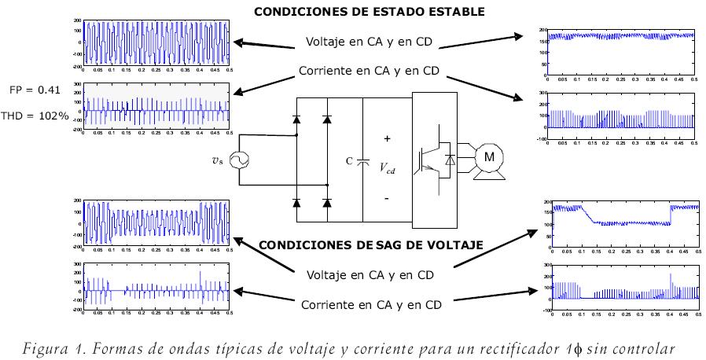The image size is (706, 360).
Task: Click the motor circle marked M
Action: (x=489, y=158)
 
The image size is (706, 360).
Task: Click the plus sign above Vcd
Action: (x=387, y=138)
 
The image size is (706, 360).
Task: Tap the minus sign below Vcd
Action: (x=387, y=199)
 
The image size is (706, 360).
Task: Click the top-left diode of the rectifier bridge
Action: (x=296, y=119)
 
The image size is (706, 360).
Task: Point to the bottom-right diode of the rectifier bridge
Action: (x=328, y=203)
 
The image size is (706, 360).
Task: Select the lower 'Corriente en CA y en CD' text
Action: (x=370, y=303)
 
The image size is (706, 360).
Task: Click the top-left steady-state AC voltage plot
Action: (x=158, y=44)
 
